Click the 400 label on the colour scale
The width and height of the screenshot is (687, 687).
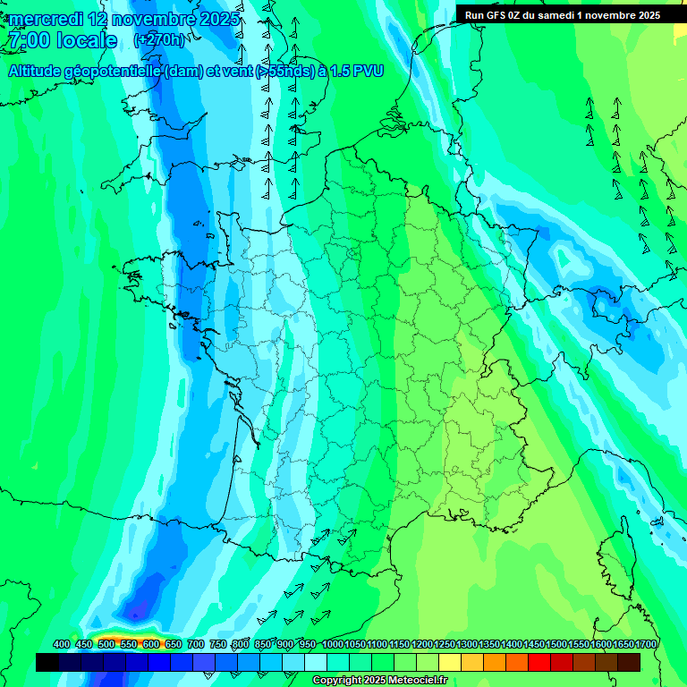[62, 645]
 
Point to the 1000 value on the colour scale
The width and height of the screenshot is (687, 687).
[333, 645]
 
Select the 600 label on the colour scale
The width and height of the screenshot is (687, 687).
[150, 645]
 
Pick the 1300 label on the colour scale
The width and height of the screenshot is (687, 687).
[467, 645]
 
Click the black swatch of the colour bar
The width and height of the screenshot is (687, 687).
[47, 662]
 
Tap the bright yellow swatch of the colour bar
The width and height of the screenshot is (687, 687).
[450, 662]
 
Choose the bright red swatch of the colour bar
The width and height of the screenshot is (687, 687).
[539, 662]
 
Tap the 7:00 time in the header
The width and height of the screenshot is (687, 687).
[28, 40]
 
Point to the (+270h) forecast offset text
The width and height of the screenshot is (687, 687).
[160, 40]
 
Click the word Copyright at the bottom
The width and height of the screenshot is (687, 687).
[337, 681]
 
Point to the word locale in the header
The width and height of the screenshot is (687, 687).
[87, 40]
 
